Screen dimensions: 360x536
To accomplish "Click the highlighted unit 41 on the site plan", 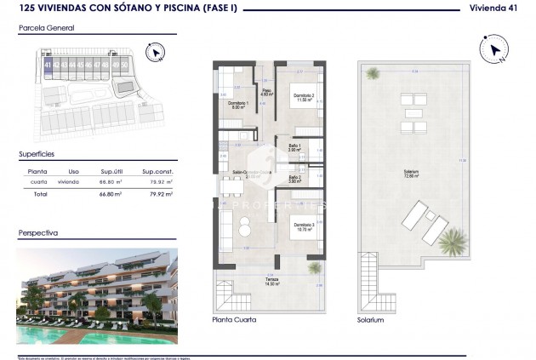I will [48, 65].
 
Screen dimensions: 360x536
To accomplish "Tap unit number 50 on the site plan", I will [125, 64].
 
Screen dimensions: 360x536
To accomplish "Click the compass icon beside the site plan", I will [153, 54].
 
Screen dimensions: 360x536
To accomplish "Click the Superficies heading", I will [37, 155].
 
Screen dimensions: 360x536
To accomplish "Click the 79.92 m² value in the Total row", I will [161, 194].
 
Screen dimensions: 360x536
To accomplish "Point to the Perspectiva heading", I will [38, 231].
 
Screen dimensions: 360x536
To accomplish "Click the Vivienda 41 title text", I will [497, 9].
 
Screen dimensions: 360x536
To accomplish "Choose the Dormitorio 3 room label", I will [303, 226].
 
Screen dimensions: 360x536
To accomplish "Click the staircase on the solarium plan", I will [368, 286].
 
